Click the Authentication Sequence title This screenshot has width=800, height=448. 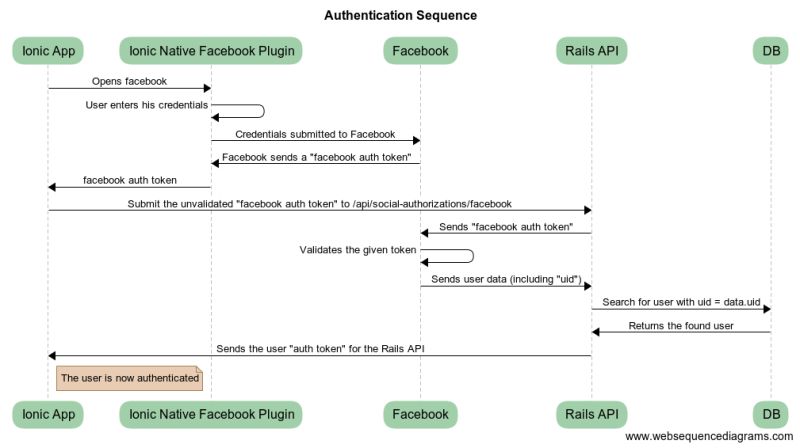400,15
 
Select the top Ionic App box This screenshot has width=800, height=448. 48,50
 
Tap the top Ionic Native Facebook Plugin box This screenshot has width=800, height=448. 210,50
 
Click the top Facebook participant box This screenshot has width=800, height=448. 420,50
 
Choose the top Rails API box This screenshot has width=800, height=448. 591,50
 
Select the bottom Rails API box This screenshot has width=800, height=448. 591,414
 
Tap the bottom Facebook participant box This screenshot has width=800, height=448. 420,414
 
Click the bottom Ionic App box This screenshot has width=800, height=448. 48,414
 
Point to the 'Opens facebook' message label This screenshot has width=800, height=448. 129,80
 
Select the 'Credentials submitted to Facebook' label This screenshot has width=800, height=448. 315,133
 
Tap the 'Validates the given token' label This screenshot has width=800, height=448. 358,249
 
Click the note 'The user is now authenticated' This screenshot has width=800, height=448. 129,378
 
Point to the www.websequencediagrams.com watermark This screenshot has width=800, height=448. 710,437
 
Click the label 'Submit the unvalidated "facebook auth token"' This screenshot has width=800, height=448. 319,203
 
